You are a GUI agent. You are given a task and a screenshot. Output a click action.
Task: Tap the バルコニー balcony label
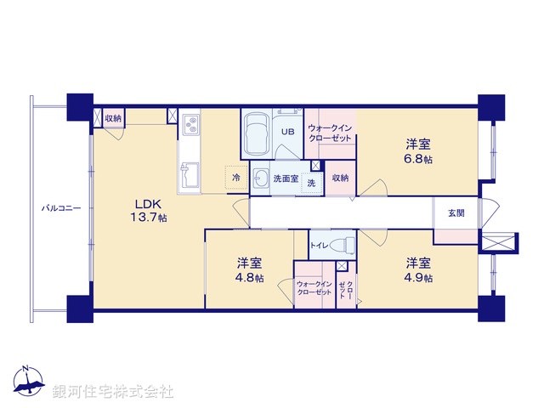pyautogui.click(x=59, y=207)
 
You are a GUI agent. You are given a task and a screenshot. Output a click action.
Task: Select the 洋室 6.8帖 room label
pyautogui.click(x=417, y=150)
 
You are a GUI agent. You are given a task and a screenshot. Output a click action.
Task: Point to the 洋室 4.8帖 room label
pyautogui.click(x=250, y=269)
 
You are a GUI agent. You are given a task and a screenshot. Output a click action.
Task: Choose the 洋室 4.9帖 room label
pyautogui.click(x=418, y=269)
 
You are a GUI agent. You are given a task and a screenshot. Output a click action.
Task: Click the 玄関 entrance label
pyautogui.click(x=456, y=212)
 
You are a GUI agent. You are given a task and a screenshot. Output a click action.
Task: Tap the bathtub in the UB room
pyautogui.click(x=256, y=135)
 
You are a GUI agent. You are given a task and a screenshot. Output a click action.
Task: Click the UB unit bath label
pyautogui.click(x=288, y=132)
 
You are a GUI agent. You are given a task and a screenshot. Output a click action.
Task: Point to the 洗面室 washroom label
pyautogui.click(x=285, y=178)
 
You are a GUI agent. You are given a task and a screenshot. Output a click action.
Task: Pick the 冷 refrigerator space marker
pyautogui.click(x=237, y=178)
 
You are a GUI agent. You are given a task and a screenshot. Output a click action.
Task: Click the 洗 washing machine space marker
pyautogui.click(x=311, y=183)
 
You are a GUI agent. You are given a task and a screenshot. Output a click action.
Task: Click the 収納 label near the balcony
pyautogui.click(x=113, y=117)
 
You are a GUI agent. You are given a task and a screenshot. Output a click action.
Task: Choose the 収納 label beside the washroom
pyautogui.click(x=340, y=178)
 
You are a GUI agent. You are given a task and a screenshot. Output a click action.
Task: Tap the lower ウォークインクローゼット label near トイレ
pyautogui.click(x=314, y=287)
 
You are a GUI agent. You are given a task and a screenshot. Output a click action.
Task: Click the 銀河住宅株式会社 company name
pyautogui.click(x=113, y=392)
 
